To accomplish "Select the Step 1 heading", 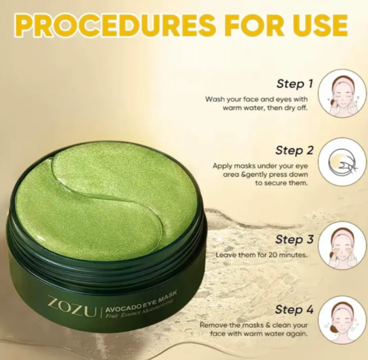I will (294, 84).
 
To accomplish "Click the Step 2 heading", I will (294, 150).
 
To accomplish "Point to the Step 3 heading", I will (294, 240).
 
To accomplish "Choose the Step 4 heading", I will (294, 309).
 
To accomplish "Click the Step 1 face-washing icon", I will (341, 92).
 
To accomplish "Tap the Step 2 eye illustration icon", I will (341, 162).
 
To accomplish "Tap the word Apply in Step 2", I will (223, 165).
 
